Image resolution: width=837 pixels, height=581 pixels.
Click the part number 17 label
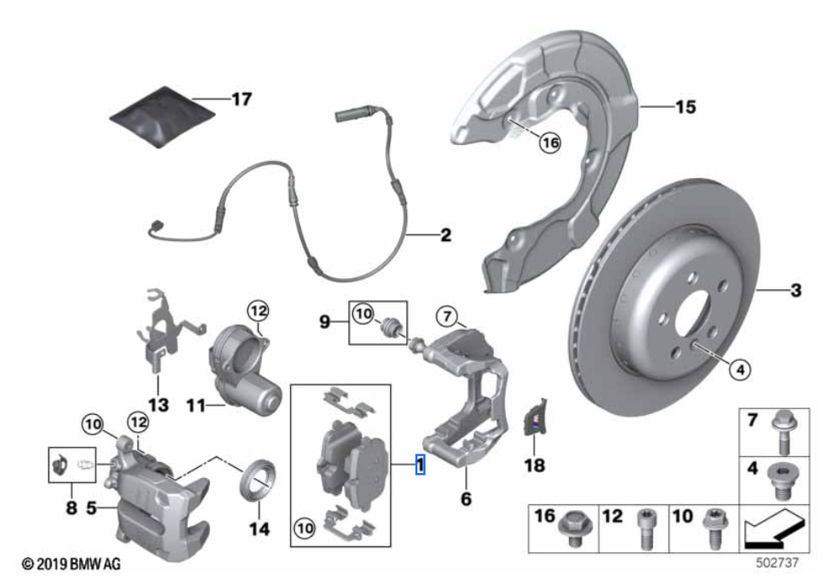241,100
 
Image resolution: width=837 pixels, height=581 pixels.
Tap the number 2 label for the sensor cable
445,236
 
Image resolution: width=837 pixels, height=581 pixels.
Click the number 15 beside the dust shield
685,107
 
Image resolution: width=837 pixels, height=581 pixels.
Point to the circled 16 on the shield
550,144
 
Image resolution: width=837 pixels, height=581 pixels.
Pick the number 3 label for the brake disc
795,293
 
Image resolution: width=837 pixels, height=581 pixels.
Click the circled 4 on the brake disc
738,368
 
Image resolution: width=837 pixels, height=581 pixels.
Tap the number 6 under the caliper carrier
466,498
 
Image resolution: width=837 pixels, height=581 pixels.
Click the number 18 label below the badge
534,465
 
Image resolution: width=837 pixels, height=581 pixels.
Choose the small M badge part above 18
534,419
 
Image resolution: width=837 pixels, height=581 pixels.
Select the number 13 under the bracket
158,406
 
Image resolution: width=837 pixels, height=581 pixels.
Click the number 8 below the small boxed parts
72,508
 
